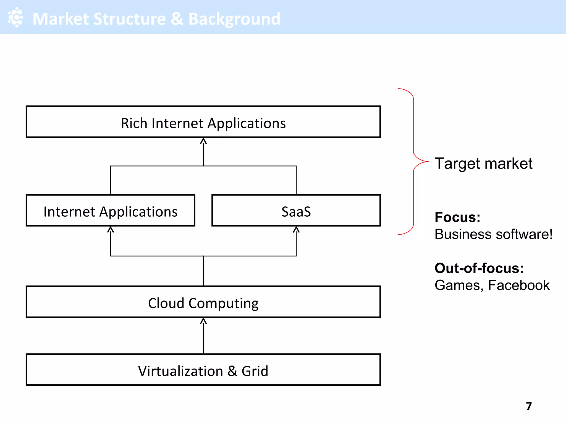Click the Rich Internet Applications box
coord(203,122)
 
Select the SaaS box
coord(296,211)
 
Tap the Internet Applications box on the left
coord(111,211)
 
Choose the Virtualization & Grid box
coord(203,370)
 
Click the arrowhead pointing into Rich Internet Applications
coord(203,141)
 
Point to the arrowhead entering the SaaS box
coord(296,230)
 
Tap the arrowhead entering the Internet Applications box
coord(111,230)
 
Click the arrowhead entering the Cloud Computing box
coord(203,321)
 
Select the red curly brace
coord(414,161)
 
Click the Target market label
coord(483,164)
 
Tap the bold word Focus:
coord(457,217)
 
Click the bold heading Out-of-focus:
coord(479,268)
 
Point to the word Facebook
coord(519,285)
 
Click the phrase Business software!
coord(493,234)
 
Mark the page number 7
coord(529,406)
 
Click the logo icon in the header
coord(15,17)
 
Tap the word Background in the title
coord(234,19)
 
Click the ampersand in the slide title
coord(177,19)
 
